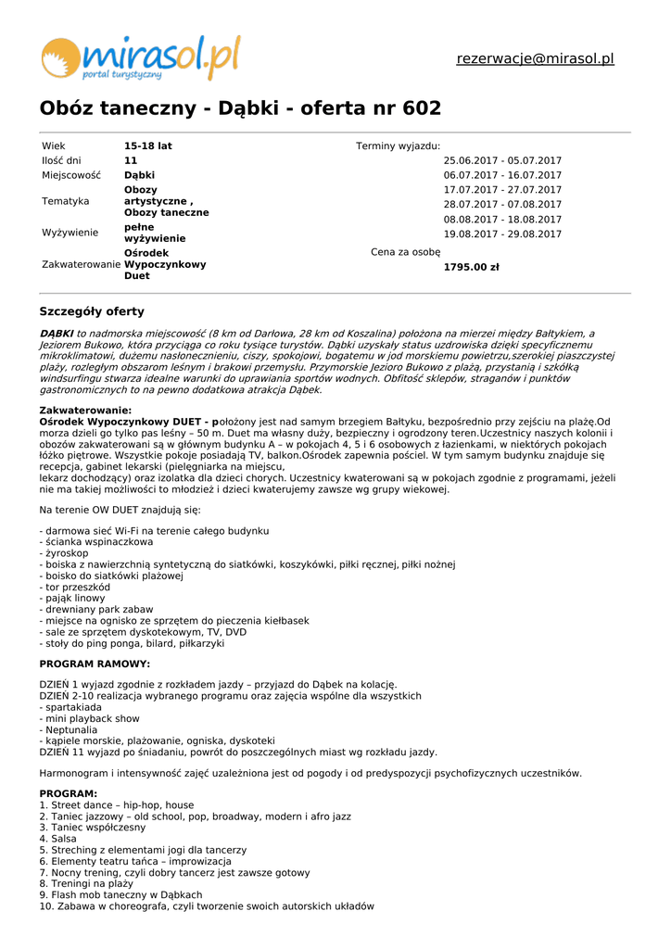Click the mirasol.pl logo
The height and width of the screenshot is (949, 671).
140,57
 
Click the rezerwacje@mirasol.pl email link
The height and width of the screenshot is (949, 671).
535,59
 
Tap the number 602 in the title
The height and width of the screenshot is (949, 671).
422,109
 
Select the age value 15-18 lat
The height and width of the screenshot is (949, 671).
148,146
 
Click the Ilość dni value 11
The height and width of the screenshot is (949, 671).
131,161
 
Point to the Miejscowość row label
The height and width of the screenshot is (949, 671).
71,175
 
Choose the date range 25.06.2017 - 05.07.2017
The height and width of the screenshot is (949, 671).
502,161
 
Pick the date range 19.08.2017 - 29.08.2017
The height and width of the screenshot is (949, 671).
502,234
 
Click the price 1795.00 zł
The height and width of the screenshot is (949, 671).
471,268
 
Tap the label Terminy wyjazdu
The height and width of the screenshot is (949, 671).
398,146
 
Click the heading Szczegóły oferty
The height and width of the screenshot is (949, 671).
92,311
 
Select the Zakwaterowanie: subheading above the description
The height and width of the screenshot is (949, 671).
85,411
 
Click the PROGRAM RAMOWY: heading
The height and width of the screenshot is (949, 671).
95,664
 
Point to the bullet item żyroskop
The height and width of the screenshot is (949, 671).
66,553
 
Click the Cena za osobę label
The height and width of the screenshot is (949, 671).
405,252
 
